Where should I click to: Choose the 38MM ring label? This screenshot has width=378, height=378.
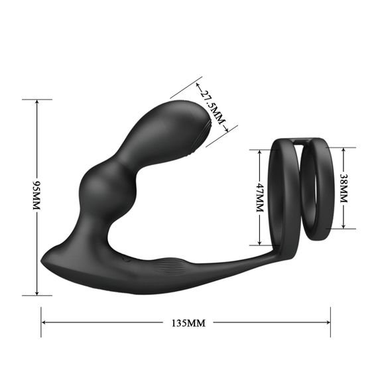343,189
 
